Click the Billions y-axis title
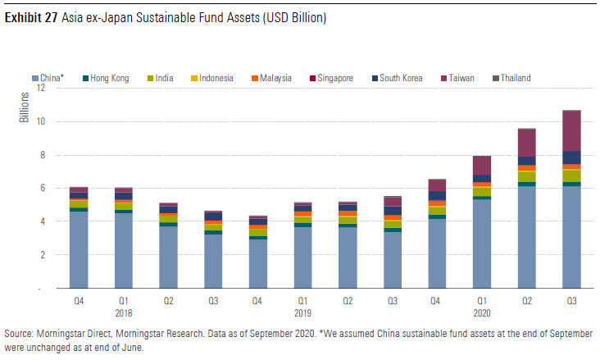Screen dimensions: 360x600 click(x=24, y=107)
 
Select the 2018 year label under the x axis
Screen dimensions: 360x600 click(x=124, y=312)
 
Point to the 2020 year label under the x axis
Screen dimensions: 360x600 click(x=481, y=312)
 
